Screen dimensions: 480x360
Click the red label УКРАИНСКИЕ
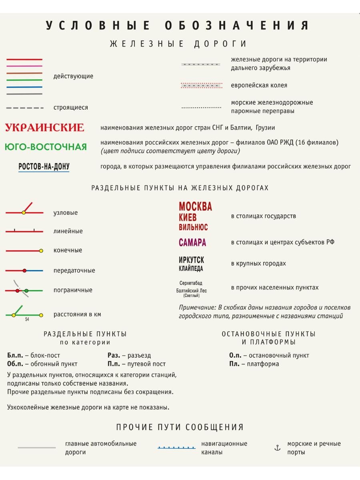44,128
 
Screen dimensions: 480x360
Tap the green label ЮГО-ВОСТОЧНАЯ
46,147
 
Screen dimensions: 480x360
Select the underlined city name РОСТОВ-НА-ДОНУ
44,167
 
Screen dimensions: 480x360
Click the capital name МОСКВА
195,206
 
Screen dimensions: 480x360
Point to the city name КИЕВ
188,218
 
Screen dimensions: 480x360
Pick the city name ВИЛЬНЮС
193,227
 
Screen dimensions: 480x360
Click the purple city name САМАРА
192,242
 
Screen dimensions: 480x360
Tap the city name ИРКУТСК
191,260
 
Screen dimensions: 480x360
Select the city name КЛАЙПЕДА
191,268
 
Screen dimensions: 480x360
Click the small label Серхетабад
191,283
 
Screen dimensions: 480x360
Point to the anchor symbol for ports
277,448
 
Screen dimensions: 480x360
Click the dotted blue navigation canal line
176,448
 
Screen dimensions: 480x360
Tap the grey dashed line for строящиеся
25,108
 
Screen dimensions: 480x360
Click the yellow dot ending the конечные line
41,251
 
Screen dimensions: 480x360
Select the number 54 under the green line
27,320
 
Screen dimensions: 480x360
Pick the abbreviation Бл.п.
15,355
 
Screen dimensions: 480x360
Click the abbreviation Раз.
114,355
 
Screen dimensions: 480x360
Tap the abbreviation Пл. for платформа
234,364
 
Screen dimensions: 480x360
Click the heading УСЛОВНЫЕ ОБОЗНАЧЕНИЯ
178,26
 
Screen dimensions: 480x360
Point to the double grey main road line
37,448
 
